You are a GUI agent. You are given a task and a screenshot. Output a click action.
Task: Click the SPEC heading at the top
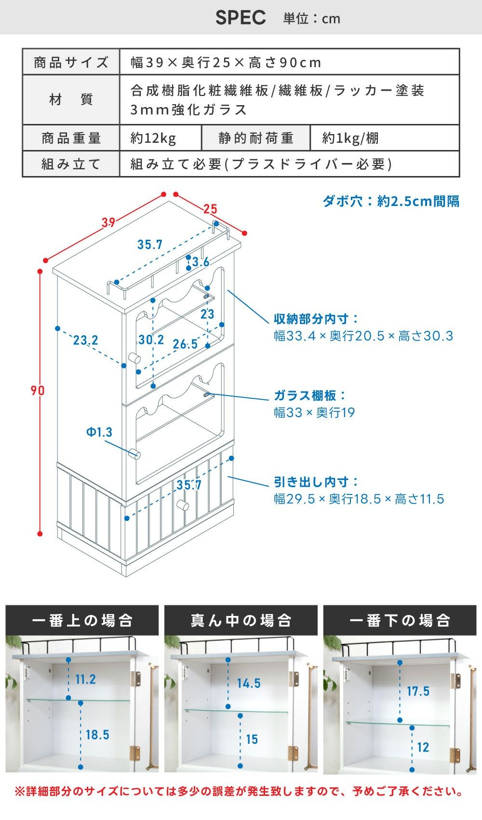[240, 17]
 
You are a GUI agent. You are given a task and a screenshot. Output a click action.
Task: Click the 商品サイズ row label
[71, 62]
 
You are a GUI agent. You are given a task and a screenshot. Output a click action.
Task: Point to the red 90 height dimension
[37, 391]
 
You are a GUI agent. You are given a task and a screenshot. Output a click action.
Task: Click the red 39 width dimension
[108, 222]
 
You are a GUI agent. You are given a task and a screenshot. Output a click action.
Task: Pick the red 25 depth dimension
[210, 209]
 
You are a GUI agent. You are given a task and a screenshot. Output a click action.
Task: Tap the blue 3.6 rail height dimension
[201, 262]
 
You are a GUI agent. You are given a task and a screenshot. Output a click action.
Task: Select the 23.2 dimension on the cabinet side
[86, 340]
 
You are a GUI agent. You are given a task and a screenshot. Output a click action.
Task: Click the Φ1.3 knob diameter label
[99, 432]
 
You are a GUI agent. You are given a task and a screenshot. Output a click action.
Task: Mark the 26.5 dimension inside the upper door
[185, 344]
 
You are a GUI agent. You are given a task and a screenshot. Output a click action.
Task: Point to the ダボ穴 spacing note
[391, 201]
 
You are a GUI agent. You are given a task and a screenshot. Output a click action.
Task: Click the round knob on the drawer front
[183, 506]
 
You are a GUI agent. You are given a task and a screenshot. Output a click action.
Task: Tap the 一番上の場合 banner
[82, 620]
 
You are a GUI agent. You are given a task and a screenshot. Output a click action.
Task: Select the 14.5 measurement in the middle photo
[249, 683]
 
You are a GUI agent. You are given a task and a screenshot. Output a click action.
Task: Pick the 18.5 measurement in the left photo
[97, 735]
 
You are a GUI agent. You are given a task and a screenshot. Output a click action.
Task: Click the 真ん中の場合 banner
[241, 620]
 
